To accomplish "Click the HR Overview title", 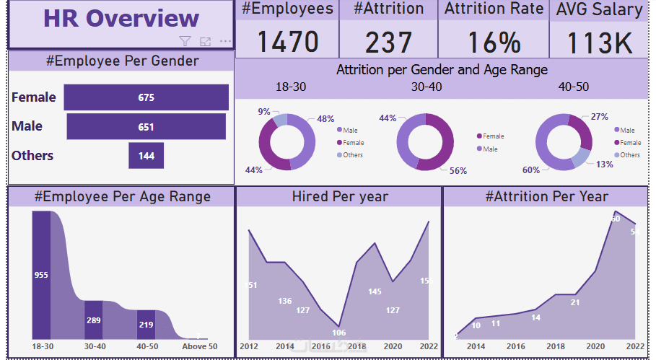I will coord(121,19).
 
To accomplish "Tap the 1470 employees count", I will coord(288,42).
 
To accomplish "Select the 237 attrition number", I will coord(388,42).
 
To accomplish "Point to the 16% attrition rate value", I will coord(494,42).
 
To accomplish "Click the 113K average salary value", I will coord(599,43).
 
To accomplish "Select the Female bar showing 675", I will coord(146,97).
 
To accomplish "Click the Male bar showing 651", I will coord(146,127).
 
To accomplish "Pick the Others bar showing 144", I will coord(146,156).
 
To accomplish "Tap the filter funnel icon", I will coord(185,42).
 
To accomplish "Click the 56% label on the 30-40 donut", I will coord(458,171).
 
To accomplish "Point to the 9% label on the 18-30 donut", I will coord(264,112).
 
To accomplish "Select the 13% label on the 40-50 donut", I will coord(604,164).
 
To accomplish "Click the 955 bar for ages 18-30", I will coord(41,275).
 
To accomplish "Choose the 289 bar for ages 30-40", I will coord(93,320).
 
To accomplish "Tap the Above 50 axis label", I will coord(198,347).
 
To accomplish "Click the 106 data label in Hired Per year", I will coord(338,333).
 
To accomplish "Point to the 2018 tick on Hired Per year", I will coord(357,347).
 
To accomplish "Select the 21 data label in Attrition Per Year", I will coord(575,302).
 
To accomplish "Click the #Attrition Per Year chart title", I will coord(546,196).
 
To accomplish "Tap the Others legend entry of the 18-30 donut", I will coord(353,155).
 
